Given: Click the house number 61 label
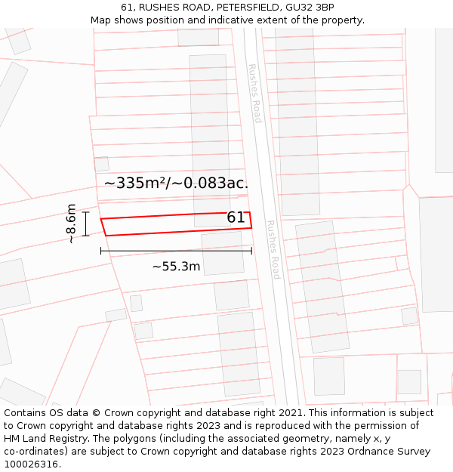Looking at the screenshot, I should [236, 217].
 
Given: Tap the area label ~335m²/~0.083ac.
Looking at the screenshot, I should [176, 183].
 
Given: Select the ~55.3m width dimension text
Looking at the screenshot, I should [176, 266].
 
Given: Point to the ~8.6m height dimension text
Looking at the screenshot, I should [70, 224].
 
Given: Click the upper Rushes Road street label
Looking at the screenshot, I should [254, 93].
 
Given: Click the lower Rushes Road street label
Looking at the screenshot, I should [273, 250].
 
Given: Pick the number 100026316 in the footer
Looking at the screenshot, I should [31, 464].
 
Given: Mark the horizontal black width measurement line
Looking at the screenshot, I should [176, 251].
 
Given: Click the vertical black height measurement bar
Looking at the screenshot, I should [86, 224].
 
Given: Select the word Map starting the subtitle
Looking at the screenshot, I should [101, 20].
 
